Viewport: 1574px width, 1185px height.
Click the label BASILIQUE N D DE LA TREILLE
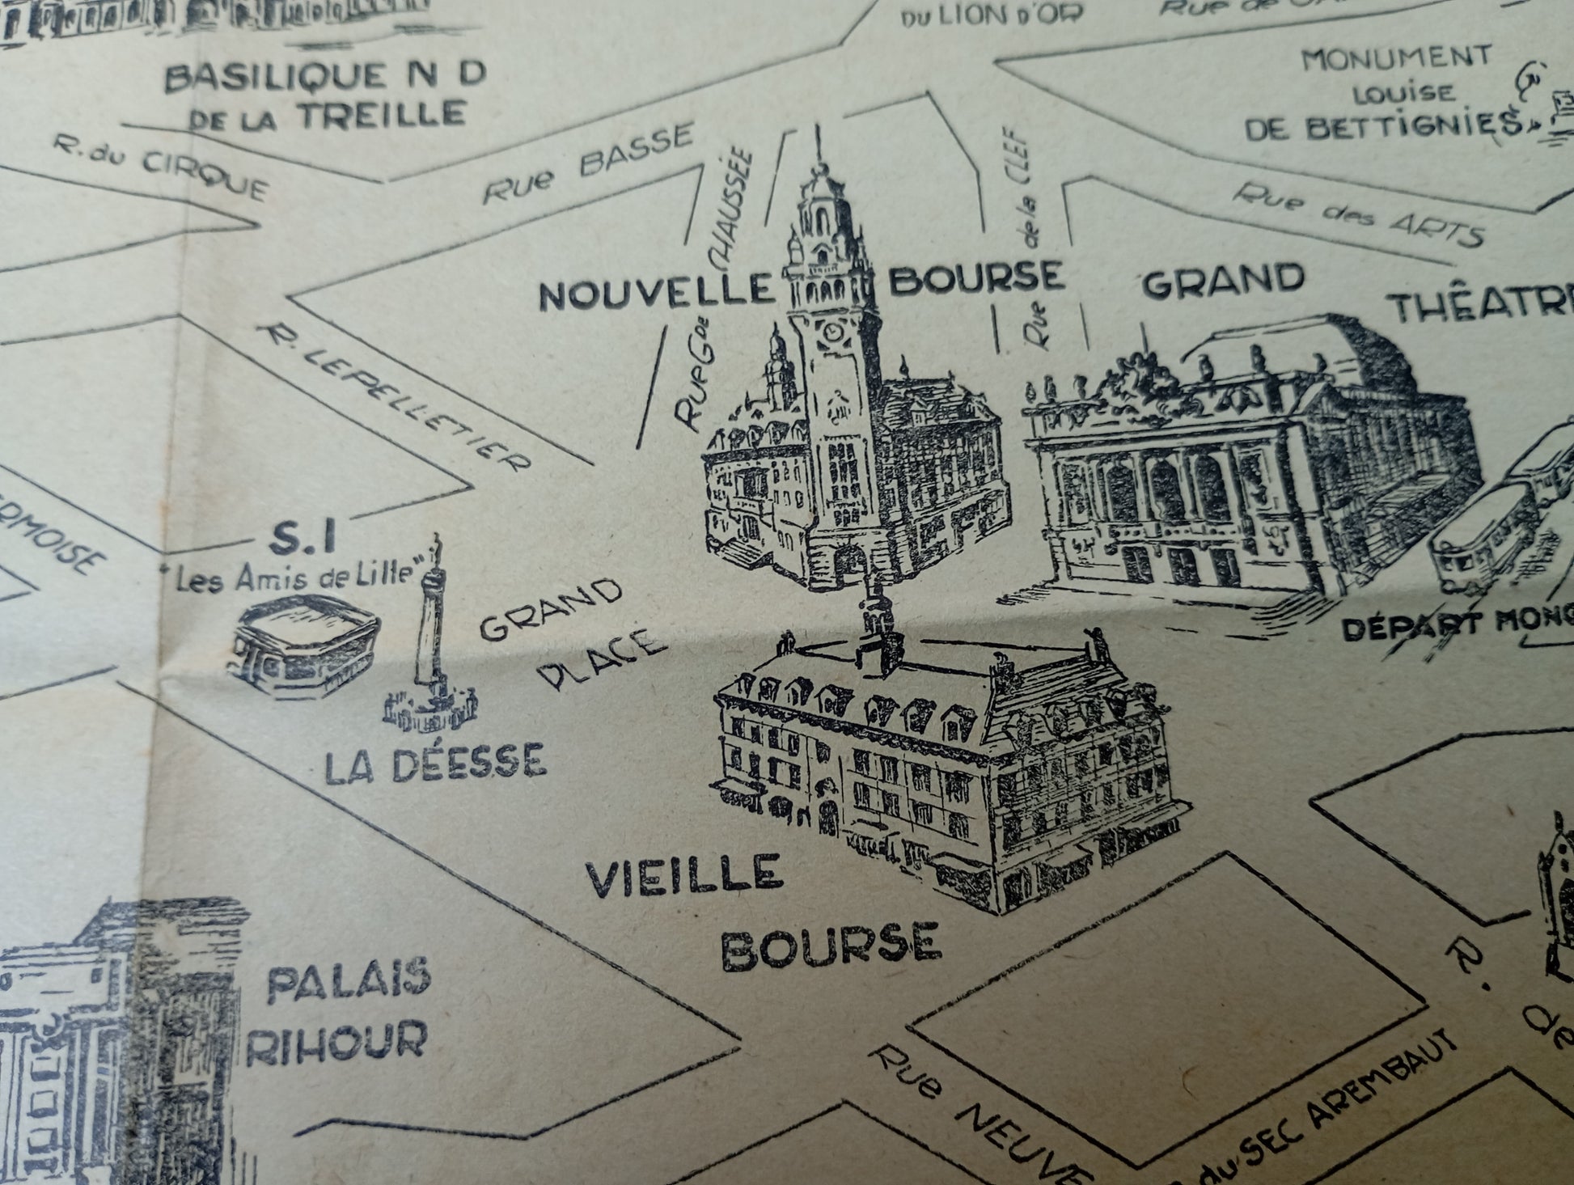[327, 96]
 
